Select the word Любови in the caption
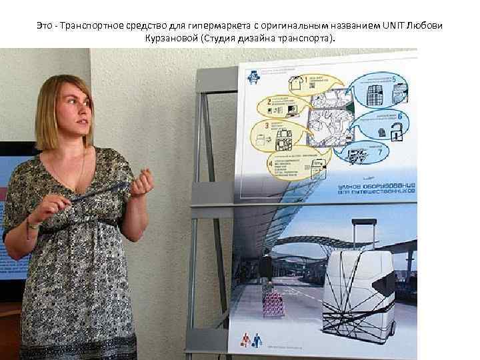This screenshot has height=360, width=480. click(429, 25)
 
